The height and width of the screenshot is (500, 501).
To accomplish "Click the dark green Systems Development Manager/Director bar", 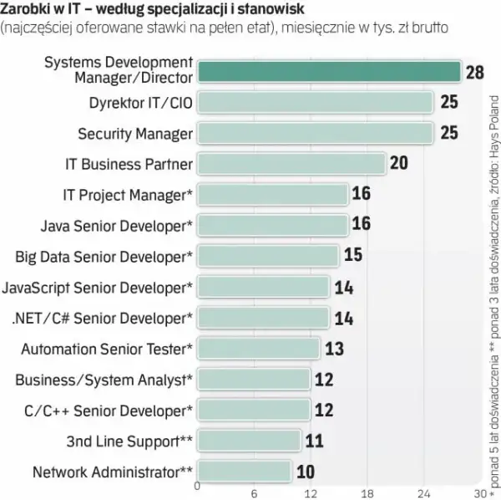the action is (329, 72).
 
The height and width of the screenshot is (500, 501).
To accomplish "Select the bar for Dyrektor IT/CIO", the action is (316, 102).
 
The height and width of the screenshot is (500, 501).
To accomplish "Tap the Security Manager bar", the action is (316, 133).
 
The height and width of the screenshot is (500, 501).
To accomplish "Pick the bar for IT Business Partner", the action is (291, 164).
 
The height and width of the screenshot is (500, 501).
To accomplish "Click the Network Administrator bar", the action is (245, 472).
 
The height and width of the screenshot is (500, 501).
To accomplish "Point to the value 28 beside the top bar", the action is (475, 72).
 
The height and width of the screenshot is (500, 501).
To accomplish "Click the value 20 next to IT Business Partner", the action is (399, 163).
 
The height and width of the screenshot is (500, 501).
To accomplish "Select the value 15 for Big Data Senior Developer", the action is (353, 255).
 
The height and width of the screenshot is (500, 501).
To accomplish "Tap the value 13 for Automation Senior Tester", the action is (335, 349).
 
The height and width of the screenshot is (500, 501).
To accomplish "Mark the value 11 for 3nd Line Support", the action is (315, 441).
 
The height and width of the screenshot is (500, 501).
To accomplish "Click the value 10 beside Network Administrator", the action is (306, 472).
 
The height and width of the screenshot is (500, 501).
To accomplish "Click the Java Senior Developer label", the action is (117, 226).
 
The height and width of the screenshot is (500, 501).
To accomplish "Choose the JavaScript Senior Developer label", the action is (98, 288).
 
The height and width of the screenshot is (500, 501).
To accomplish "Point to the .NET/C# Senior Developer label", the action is (102, 319).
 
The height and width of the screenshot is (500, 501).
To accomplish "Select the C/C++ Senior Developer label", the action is (109, 411).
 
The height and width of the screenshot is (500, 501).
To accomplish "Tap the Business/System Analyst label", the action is (104, 380).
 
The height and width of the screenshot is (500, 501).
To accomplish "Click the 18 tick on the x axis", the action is (367, 494).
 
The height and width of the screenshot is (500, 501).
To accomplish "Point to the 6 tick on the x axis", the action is (254, 494).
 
